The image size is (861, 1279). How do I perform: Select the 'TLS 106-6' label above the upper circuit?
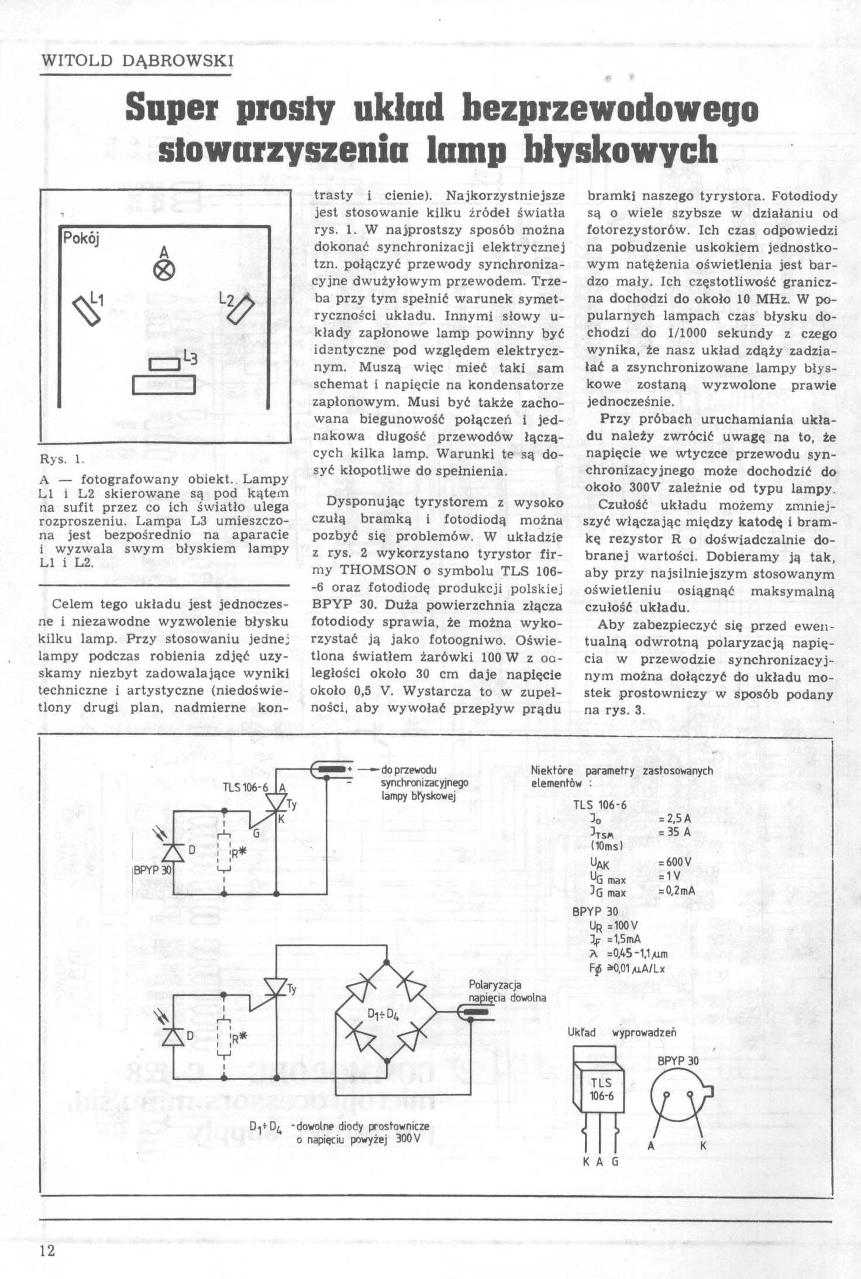[x=245, y=787]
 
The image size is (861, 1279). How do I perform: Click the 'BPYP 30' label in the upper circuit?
[x=152, y=870]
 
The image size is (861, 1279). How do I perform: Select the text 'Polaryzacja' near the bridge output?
[x=495, y=985]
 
